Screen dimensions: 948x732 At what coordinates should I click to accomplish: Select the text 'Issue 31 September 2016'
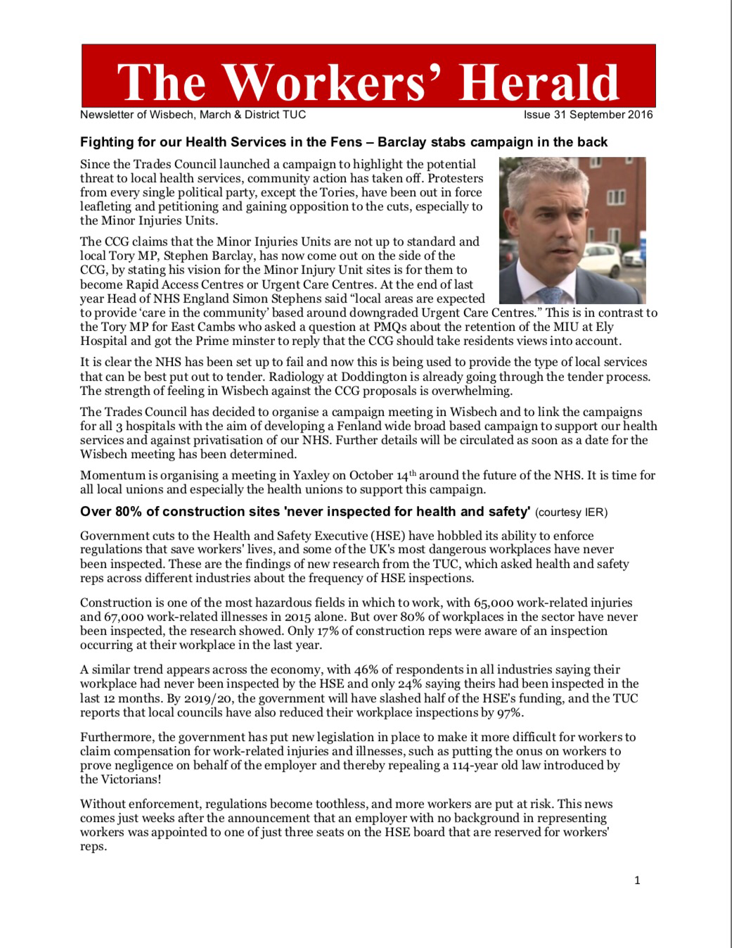coord(588,115)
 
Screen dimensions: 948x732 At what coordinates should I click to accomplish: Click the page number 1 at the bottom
coord(637,880)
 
